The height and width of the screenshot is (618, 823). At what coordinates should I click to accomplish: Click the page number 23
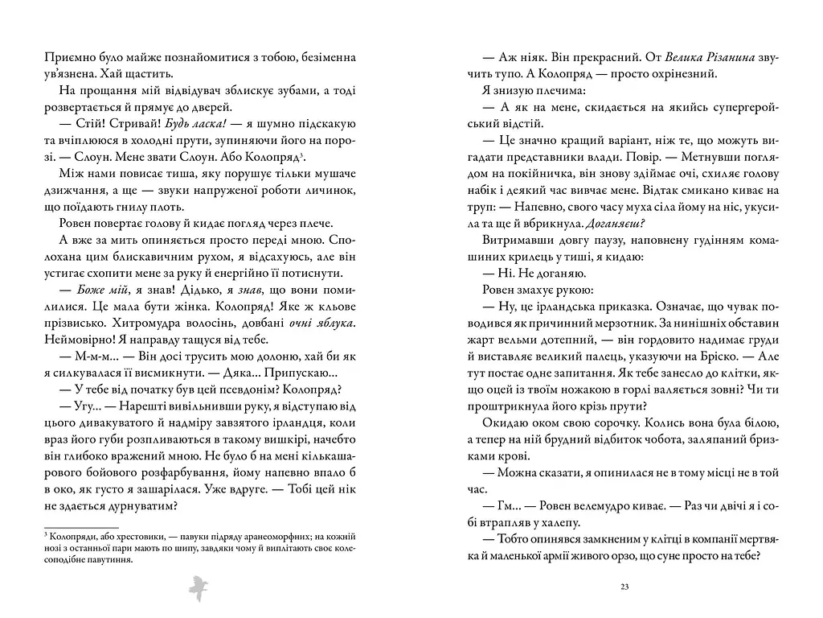click(x=624, y=587)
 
